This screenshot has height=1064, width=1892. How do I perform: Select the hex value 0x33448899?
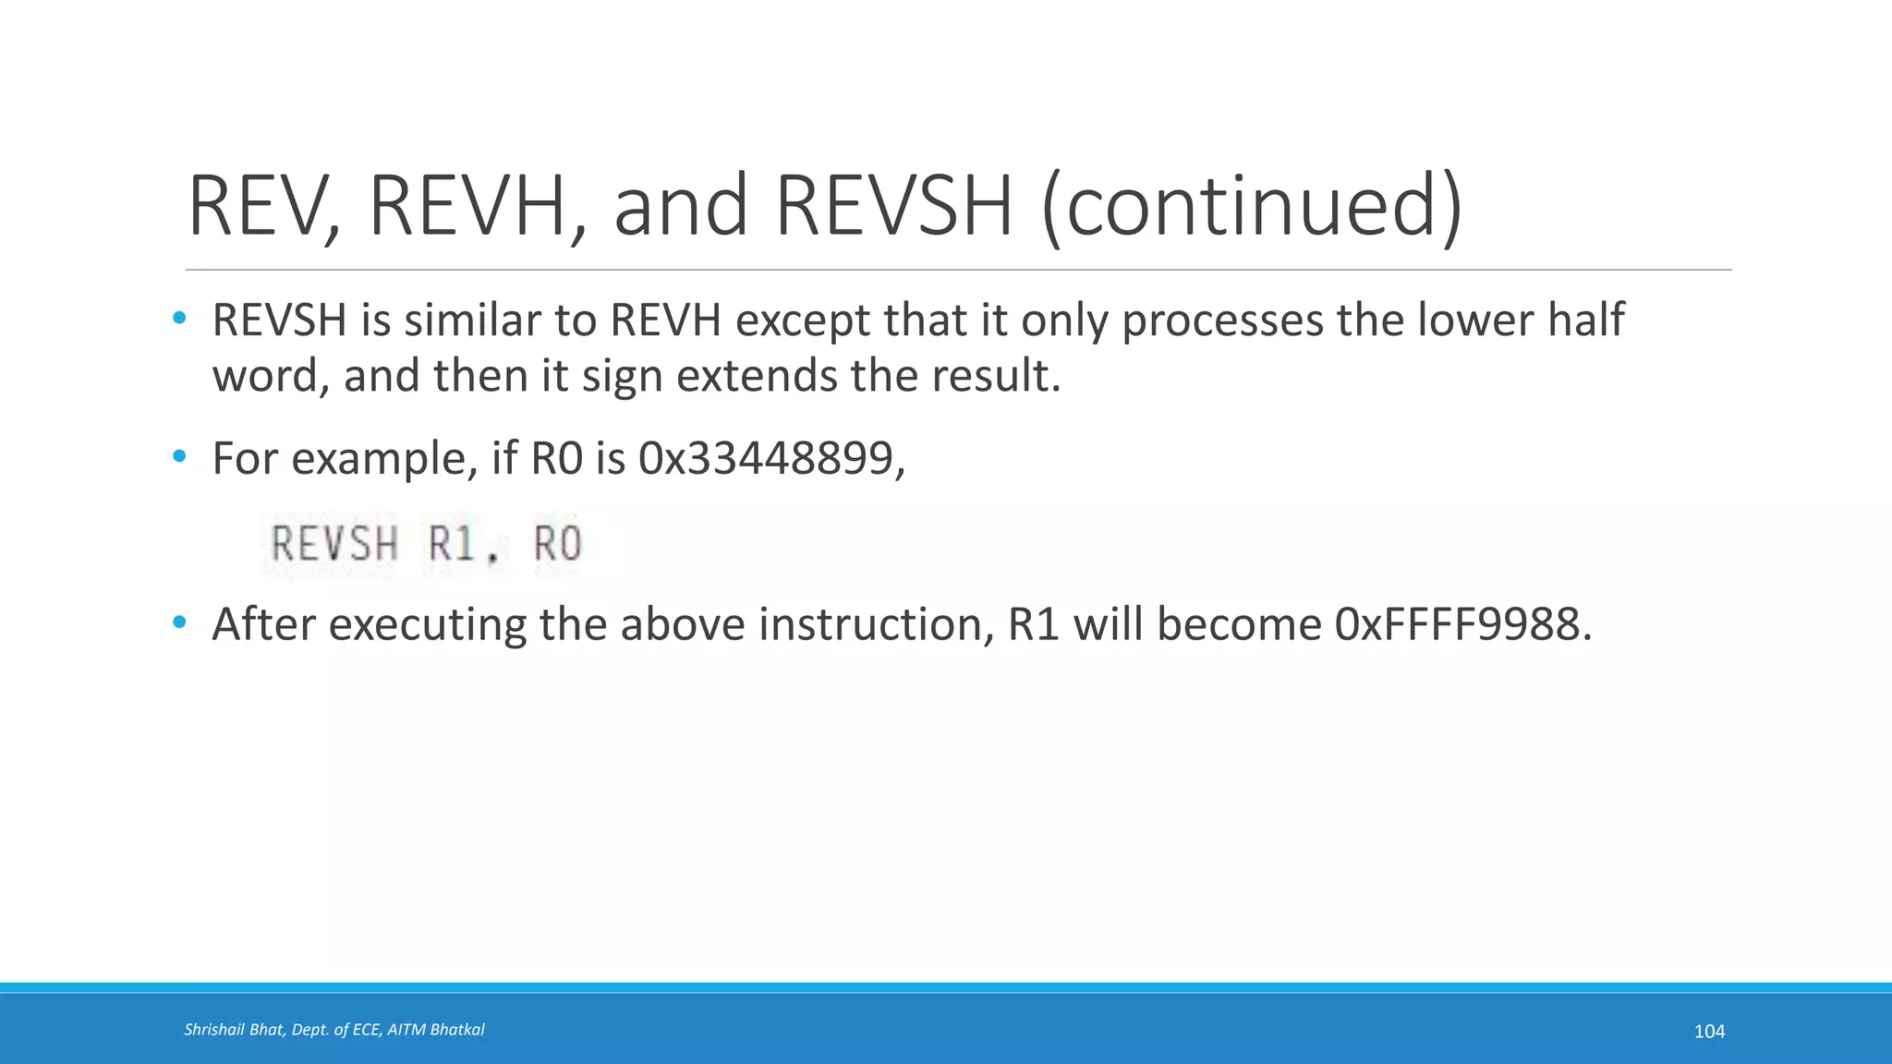(766, 458)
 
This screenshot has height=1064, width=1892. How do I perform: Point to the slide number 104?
(1709, 1032)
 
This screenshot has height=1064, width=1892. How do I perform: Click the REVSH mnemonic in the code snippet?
(334, 543)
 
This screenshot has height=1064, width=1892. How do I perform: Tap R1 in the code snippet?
(452, 543)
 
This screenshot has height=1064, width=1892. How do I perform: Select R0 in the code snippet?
(558, 543)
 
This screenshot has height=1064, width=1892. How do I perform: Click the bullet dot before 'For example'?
(179, 456)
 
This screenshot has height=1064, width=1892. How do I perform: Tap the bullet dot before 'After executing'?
(179, 623)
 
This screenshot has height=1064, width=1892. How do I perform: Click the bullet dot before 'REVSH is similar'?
(179, 319)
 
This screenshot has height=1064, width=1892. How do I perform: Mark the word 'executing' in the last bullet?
(428, 624)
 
